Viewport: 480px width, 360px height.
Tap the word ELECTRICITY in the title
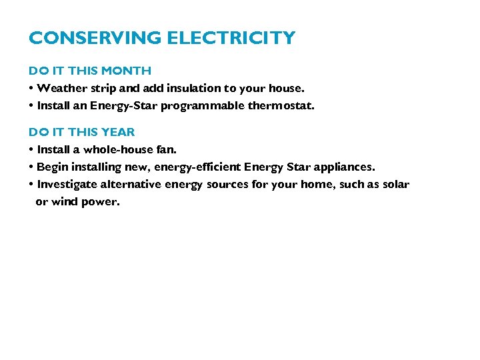tap(231, 39)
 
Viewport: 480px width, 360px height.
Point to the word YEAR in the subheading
tap(118, 132)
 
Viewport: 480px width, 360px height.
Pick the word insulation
tap(194, 88)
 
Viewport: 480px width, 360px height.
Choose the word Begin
tap(51, 167)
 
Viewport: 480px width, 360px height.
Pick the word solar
tap(395, 184)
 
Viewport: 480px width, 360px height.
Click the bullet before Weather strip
tap(31, 88)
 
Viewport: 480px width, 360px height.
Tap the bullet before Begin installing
tap(31, 167)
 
